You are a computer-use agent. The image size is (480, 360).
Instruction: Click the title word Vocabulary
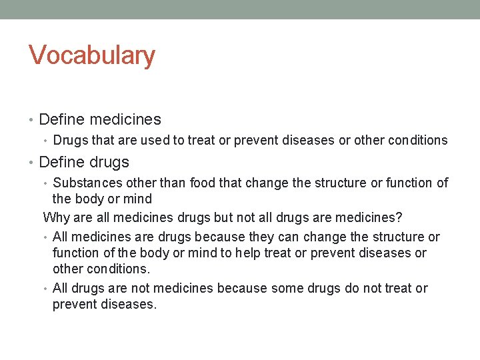[x=92, y=56]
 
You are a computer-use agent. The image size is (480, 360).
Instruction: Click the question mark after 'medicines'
[x=399, y=217]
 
